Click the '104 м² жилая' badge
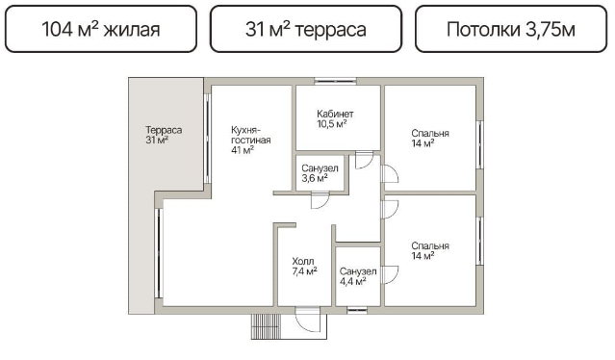coord(101,29)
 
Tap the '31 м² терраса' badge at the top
coord(306,29)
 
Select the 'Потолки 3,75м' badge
coord(511,29)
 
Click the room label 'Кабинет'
coord(335,115)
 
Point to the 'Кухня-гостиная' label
coord(250,135)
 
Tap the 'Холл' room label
coord(303,261)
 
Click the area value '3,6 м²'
coord(315,178)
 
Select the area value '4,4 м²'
coord(353,281)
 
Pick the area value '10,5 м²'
coord(332,124)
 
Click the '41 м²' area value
coord(243,150)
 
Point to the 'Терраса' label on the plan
coord(164,130)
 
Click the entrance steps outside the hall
coord(267,326)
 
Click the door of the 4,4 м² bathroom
coord(390,274)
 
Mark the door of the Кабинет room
coord(364,160)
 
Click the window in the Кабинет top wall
coord(335,81)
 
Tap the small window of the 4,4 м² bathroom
coord(357,310)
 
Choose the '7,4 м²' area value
coord(305,271)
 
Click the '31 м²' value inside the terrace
coord(157,140)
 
